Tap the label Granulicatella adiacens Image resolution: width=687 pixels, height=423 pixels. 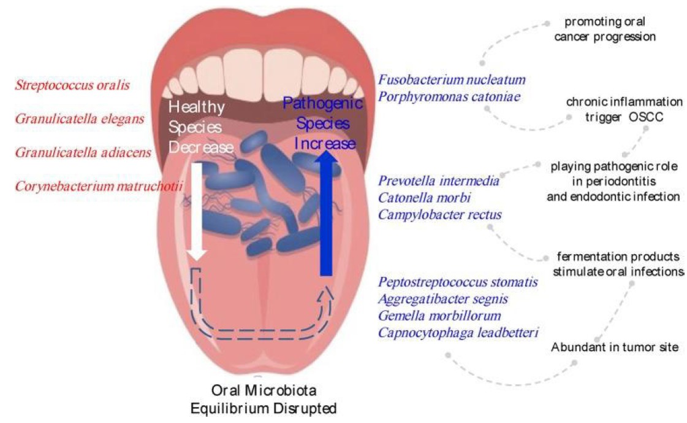click(83, 152)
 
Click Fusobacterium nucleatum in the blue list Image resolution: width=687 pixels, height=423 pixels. click(452, 80)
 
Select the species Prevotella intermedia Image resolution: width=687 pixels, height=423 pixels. click(439, 181)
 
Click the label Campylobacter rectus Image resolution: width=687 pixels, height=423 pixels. click(440, 214)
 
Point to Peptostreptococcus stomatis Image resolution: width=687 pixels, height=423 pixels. click(458, 282)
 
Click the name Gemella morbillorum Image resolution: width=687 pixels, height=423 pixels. click(439, 316)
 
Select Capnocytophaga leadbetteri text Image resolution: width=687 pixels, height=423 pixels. click(458, 332)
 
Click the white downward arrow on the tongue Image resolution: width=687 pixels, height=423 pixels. click(197, 209)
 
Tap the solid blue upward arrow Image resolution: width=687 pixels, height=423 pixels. click(326, 215)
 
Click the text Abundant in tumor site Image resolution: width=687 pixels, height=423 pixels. click(615, 347)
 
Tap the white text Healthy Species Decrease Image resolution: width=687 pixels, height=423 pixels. click(201, 127)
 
